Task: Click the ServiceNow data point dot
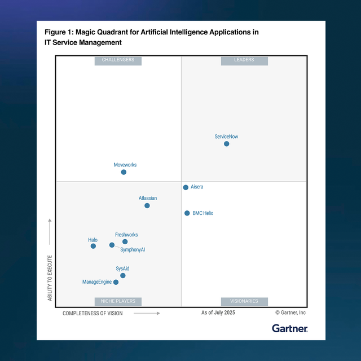pyautogui.click(x=227, y=144)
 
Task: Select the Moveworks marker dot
pyautogui.click(x=124, y=172)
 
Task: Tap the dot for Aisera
pyautogui.click(x=186, y=187)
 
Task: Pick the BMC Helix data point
pyautogui.click(x=187, y=213)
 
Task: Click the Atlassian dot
pyautogui.click(x=147, y=205)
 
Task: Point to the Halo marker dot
pyautogui.click(x=93, y=246)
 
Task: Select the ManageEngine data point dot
pyautogui.click(x=116, y=282)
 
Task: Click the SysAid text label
pyautogui.click(x=122, y=268)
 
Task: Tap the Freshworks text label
pyautogui.click(x=126, y=235)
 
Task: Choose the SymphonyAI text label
pyautogui.click(x=133, y=249)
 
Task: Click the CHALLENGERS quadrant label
pyautogui.click(x=118, y=60)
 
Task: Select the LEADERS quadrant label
pyautogui.click(x=244, y=60)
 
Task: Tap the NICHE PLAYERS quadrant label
pyautogui.click(x=118, y=301)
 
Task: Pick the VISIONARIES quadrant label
pyautogui.click(x=244, y=301)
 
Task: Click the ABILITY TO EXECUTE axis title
pyautogui.click(x=50, y=278)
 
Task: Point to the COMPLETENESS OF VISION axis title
pyautogui.click(x=93, y=313)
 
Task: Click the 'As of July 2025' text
pyautogui.click(x=218, y=312)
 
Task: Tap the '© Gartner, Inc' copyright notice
pyautogui.click(x=290, y=312)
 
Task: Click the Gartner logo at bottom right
pyautogui.click(x=290, y=328)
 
